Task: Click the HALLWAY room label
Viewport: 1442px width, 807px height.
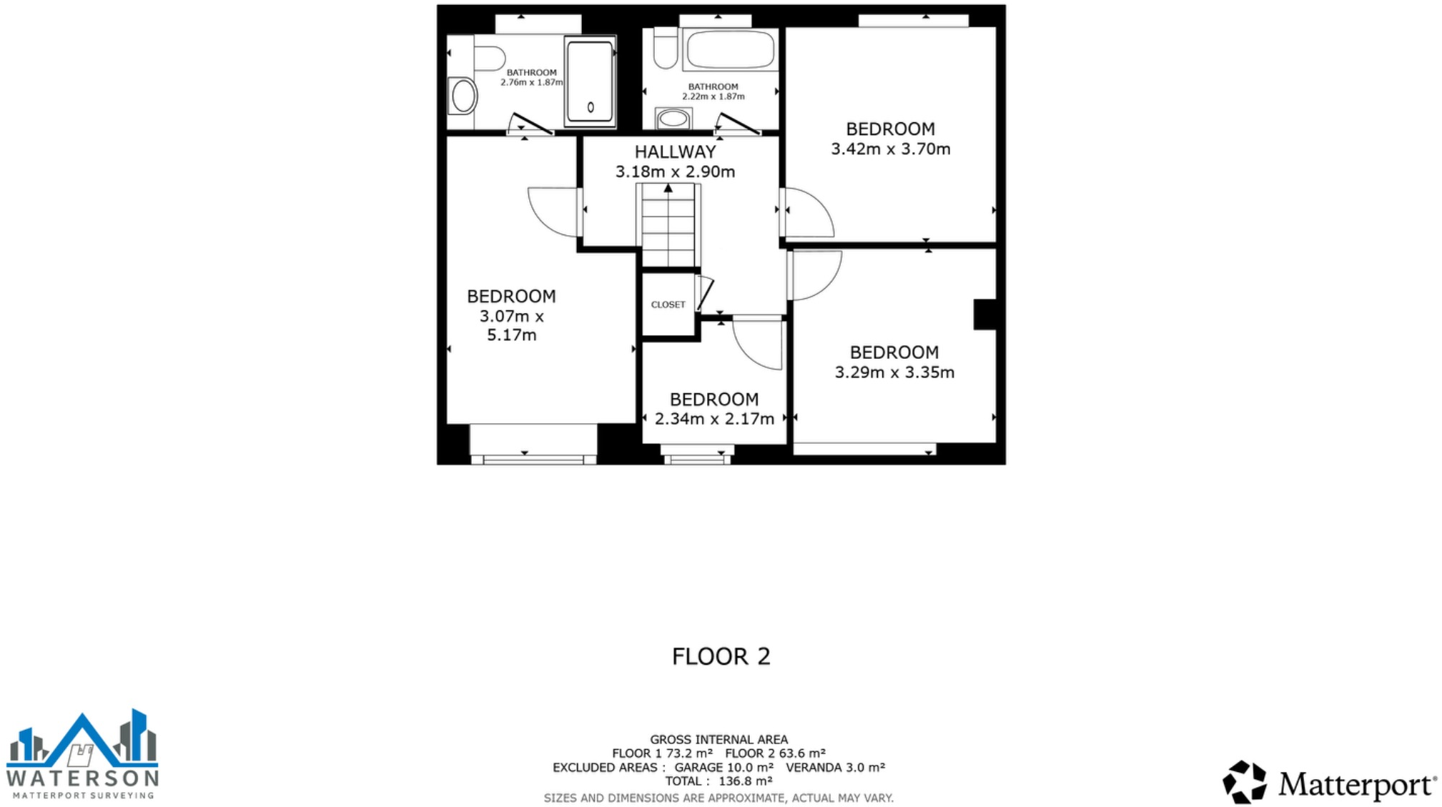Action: tap(675, 152)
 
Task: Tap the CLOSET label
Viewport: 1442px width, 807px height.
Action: tap(668, 305)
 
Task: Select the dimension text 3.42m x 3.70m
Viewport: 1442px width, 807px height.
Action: tap(890, 149)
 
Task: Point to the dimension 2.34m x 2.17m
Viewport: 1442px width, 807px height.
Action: tap(714, 419)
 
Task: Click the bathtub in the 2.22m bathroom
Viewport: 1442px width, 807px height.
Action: tap(730, 49)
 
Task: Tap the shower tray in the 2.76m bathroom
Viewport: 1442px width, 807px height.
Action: tap(590, 81)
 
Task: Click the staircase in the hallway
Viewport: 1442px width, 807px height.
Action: tap(668, 225)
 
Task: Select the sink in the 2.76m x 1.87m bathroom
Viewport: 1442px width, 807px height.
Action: tap(463, 96)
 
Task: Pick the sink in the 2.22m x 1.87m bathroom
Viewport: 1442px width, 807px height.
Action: tap(673, 119)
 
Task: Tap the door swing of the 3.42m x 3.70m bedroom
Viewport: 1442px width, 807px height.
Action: tap(808, 213)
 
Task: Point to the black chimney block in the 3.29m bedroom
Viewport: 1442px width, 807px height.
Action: tap(984, 315)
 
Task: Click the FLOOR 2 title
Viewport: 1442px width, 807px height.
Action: tap(721, 656)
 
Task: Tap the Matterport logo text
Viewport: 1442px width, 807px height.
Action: tap(1356, 784)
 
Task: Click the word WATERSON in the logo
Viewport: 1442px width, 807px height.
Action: tap(82, 778)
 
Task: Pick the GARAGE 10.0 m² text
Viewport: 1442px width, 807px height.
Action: tap(724, 768)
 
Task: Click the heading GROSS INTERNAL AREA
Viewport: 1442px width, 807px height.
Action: tap(718, 740)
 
